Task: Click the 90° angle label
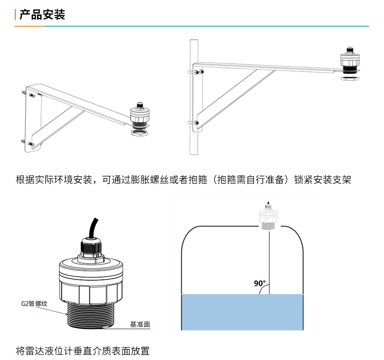[x=260, y=284]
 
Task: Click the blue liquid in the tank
[x=241, y=312]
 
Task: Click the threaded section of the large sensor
[x=93, y=315]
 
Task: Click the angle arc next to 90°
[x=262, y=291]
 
